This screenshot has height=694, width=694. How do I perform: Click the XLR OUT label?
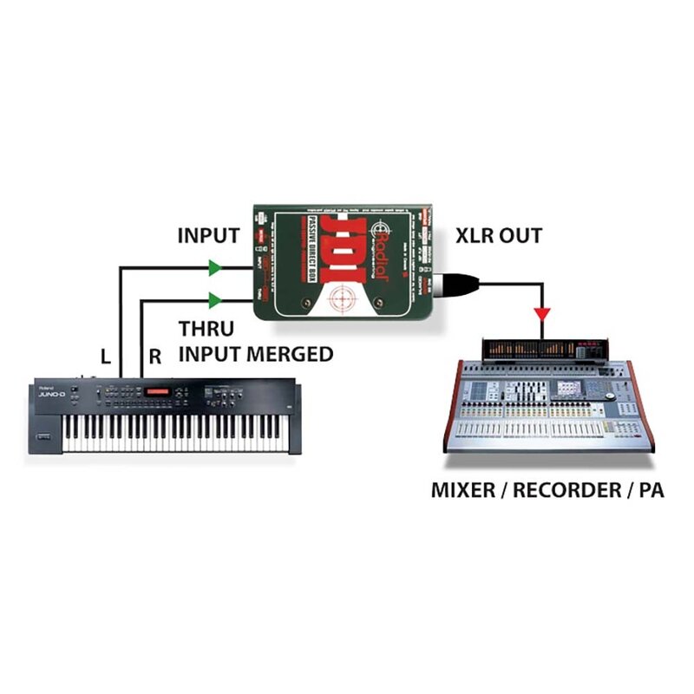pos(499,235)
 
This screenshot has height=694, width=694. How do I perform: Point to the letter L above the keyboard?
pos(106,355)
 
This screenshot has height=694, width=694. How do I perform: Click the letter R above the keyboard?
pos(155,355)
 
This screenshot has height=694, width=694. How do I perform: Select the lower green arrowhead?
pos(214,301)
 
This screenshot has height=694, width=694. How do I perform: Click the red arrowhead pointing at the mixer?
pos(542,311)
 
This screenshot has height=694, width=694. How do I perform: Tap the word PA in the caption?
pos(651,489)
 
